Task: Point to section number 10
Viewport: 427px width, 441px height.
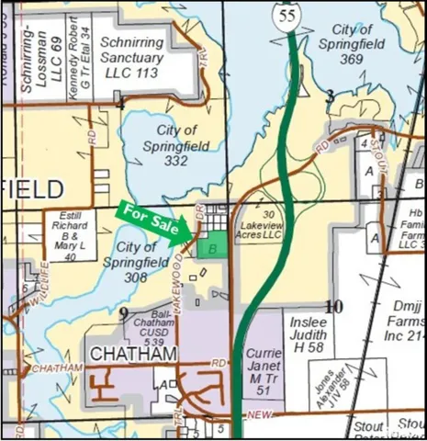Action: click(x=334, y=307)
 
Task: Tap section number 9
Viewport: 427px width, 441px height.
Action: click(x=123, y=314)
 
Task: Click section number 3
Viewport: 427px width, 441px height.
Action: click(x=329, y=96)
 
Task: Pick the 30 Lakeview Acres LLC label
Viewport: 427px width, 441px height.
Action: click(x=258, y=226)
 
